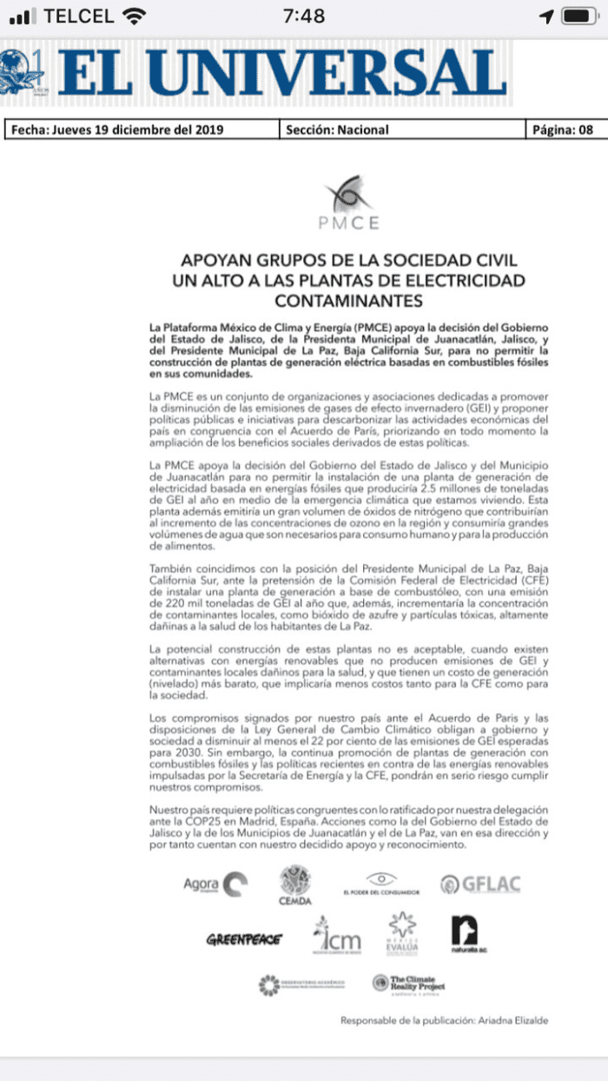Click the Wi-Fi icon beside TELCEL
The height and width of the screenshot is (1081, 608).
(134, 16)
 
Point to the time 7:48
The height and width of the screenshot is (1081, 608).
(304, 16)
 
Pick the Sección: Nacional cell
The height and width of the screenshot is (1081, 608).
(337, 130)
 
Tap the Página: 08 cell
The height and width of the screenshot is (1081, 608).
(561, 130)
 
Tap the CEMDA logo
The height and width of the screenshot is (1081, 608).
(295, 885)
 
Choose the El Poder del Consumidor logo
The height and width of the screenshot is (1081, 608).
(380, 883)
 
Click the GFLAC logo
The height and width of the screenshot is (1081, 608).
(479, 885)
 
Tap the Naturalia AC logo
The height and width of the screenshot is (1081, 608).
(463, 934)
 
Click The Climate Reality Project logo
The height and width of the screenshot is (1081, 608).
(408, 985)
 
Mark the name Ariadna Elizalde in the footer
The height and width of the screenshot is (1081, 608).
(515, 1020)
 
